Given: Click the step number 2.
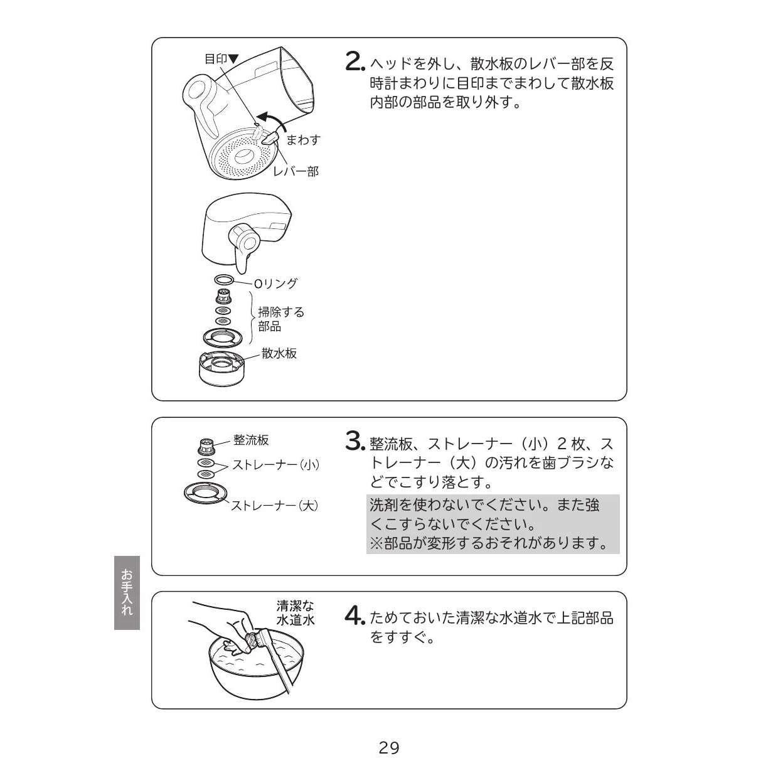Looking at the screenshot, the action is (x=355, y=62).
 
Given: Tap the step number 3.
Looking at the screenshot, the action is (x=355, y=440).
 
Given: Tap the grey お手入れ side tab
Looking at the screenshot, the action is (x=127, y=592).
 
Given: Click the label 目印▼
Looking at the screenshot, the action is (x=221, y=59).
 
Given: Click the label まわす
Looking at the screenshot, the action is (x=303, y=140).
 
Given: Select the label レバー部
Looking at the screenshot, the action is (x=296, y=171).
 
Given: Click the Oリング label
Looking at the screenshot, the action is (x=276, y=283).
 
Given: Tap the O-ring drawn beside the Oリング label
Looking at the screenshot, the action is (x=224, y=279).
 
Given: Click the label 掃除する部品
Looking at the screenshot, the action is (x=281, y=319).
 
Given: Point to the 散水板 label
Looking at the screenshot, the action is (x=279, y=353).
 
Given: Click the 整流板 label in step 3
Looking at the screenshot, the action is (x=251, y=440).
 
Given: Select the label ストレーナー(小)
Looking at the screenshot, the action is (x=276, y=465).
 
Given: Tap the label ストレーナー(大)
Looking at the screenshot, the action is (x=275, y=505).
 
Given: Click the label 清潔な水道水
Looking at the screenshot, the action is (x=295, y=612).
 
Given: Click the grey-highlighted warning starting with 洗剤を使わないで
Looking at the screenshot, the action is (x=493, y=524).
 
